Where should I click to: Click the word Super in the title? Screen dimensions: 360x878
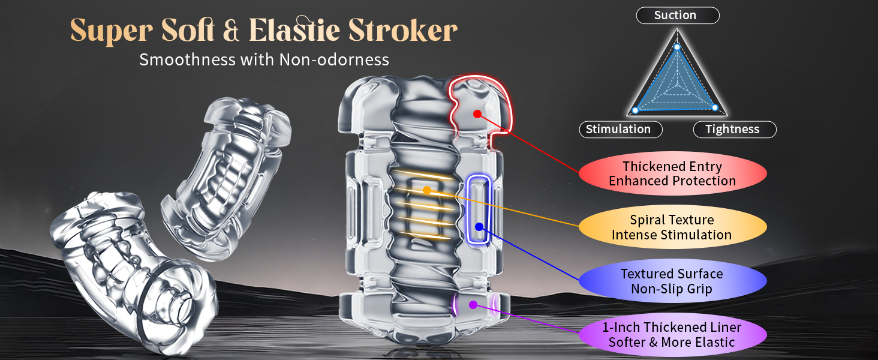(x=103, y=31)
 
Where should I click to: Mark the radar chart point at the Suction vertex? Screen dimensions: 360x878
(x=676, y=47)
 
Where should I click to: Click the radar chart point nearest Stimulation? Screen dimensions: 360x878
(x=635, y=110)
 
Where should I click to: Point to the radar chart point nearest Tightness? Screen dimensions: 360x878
(x=715, y=108)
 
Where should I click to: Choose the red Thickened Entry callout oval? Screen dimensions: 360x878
(x=672, y=174)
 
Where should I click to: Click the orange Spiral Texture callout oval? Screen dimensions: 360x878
(x=672, y=227)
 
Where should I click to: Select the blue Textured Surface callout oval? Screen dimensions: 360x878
(x=672, y=281)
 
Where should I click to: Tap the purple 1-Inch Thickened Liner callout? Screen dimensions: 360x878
(x=672, y=335)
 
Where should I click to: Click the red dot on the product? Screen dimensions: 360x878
(x=477, y=113)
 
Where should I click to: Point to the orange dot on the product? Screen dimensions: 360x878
(x=426, y=190)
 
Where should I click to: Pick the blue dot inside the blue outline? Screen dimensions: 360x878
(x=479, y=227)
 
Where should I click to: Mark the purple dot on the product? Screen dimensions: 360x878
(x=473, y=305)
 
